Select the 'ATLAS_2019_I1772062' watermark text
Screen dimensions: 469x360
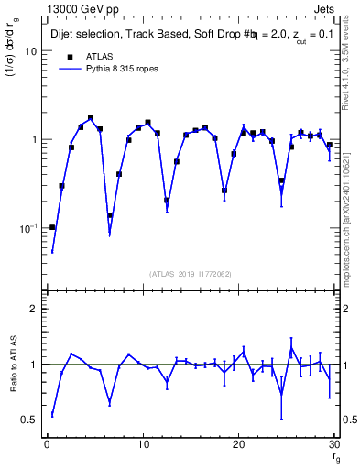(x=191, y=274)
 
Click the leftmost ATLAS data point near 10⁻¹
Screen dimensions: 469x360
(x=52, y=227)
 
